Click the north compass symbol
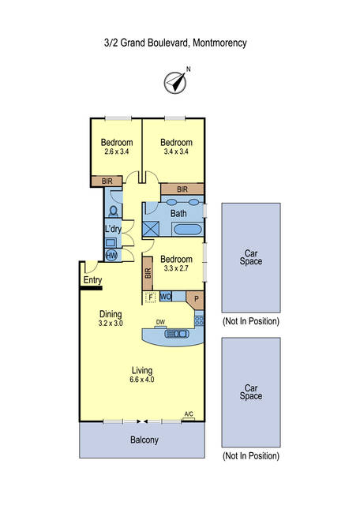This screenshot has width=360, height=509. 175,83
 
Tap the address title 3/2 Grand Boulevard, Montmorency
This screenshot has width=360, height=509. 175,43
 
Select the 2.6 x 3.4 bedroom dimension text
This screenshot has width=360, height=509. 117,152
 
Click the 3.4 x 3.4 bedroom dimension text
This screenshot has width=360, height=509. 176,152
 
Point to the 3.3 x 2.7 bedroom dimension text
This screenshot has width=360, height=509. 176,268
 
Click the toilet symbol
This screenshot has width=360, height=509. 114,211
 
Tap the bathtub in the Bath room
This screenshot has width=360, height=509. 188,230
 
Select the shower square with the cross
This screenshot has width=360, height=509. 151,229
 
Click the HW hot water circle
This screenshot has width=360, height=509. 111,256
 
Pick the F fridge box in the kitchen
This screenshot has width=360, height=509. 151,297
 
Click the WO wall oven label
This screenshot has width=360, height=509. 166,297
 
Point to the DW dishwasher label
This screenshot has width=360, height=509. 160,322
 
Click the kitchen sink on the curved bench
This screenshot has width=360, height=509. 177,333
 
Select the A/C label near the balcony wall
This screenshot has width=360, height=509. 189,414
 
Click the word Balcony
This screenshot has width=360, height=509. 144,440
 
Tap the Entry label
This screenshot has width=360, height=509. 92,280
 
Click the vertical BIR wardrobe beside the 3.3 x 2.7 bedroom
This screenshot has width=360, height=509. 148,273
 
